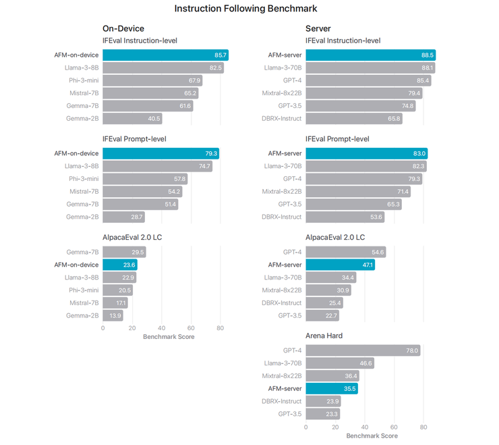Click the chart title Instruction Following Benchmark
(245, 9)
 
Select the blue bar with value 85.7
(166, 55)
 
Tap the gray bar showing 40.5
(132, 119)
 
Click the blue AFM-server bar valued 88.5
(370, 55)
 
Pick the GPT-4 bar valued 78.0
(363, 350)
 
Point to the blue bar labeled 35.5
(331, 388)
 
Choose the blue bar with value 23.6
(119, 265)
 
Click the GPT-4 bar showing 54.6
(345, 252)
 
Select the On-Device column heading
(123, 28)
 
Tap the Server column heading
(318, 28)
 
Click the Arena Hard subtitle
(325, 336)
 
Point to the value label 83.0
(419, 153)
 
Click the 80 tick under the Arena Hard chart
(423, 427)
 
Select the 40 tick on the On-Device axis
(161, 328)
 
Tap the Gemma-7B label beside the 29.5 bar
(82, 252)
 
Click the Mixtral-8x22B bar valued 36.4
(332, 375)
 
